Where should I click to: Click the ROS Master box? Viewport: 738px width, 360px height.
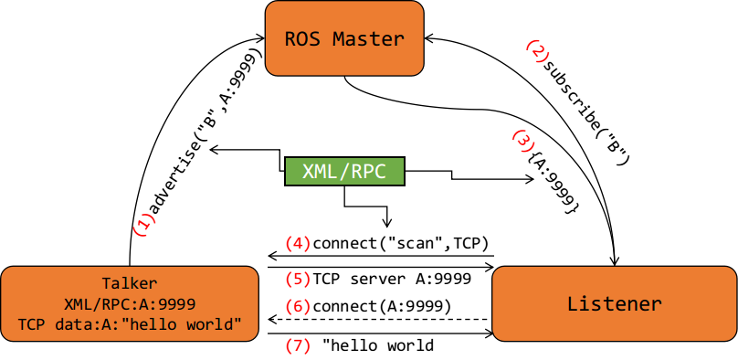tap(344, 37)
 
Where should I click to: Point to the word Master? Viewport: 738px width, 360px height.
tap(368, 38)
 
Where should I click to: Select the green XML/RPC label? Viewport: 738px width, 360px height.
tap(344, 172)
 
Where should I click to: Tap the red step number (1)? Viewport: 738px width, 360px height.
tap(144, 225)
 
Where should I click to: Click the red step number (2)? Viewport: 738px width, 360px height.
tap(537, 51)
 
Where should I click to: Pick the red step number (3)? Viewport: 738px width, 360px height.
tap(522, 141)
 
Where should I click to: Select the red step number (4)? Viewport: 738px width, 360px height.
tap(298, 243)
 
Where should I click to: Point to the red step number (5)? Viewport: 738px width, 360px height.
tap(298, 279)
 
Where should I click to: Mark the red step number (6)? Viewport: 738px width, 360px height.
tap(298, 307)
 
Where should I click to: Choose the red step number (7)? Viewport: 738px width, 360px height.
tap(298, 345)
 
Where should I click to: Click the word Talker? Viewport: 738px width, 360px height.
tap(129, 283)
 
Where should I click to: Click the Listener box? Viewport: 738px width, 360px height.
tap(614, 304)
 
